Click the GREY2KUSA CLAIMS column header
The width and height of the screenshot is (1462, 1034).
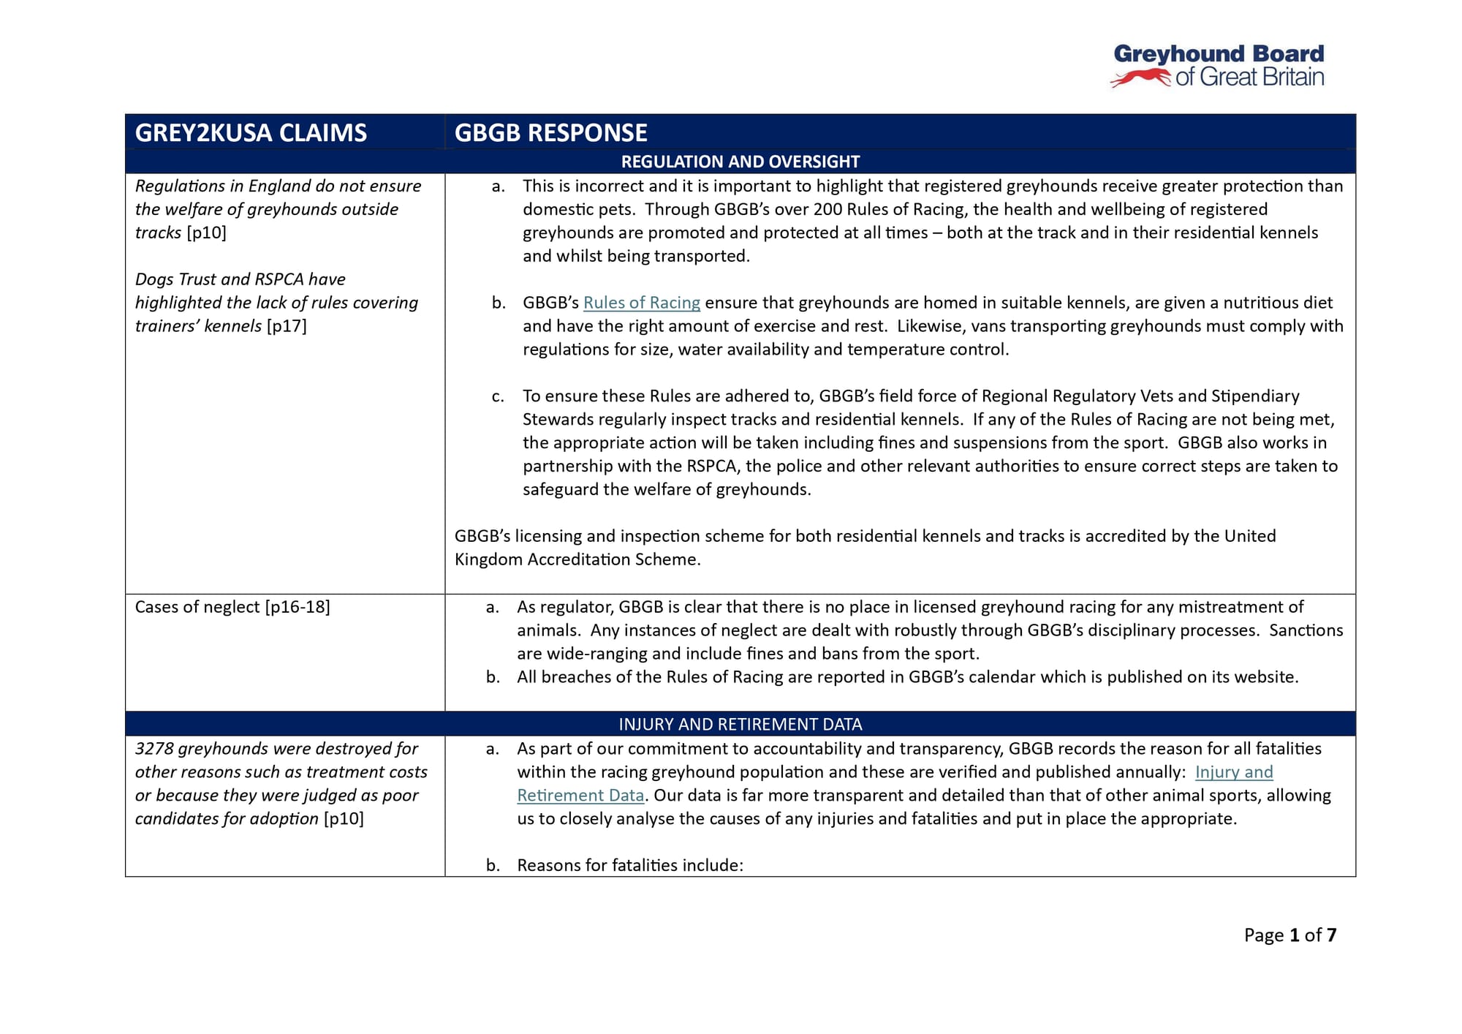pos(251,133)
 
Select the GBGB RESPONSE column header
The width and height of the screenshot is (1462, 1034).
pos(550,133)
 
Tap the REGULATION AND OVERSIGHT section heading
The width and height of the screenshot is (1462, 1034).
pos(740,162)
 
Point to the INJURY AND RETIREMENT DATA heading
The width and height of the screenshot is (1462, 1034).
pos(740,724)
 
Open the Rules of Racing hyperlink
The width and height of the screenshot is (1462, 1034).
pos(641,303)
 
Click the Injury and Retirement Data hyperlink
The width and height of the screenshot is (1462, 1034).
pos(1233,772)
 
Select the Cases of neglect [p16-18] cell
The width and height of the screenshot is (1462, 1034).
pos(232,607)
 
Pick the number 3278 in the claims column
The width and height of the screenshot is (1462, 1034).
pos(154,749)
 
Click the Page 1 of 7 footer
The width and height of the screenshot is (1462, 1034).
pos(1290,935)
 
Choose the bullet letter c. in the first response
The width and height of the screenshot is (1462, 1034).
pos(498,396)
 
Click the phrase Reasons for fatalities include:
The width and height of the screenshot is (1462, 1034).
pos(629,865)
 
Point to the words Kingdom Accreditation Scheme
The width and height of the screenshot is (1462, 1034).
pos(577,559)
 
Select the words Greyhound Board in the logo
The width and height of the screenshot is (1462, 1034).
pos(1219,54)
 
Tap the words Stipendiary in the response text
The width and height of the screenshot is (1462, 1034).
pos(1255,396)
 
